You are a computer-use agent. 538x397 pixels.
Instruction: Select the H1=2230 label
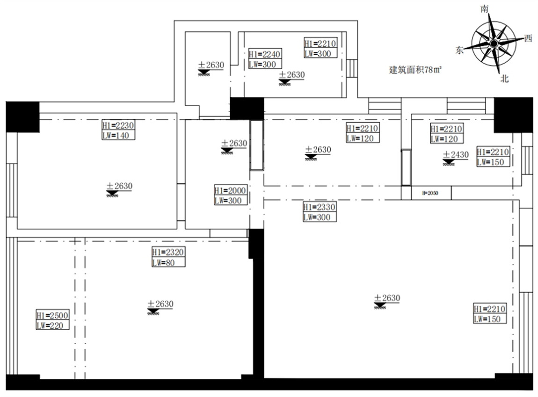click(x=119, y=125)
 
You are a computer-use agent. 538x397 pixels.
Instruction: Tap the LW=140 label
click(x=119, y=136)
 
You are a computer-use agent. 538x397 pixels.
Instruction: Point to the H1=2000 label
click(x=230, y=191)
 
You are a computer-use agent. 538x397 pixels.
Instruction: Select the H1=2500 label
click(x=52, y=315)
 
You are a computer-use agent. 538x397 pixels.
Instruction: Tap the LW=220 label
click(x=52, y=325)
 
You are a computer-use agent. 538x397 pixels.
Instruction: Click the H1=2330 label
click(x=320, y=207)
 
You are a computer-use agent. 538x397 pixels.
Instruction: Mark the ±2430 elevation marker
click(x=455, y=155)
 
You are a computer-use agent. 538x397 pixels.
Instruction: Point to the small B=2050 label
click(x=430, y=193)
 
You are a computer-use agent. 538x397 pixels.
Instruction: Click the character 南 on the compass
click(x=485, y=9)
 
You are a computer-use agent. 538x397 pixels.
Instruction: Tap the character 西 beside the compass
click(x=528, y=38)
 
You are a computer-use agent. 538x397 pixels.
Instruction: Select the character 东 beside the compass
click(x=460, y=51)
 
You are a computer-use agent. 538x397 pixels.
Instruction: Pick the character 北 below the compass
click(x=504, y=79)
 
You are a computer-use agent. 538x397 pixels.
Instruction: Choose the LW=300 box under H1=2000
click(x=230, y=201)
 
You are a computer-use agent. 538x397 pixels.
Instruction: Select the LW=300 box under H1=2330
click(x=320, y=217)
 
